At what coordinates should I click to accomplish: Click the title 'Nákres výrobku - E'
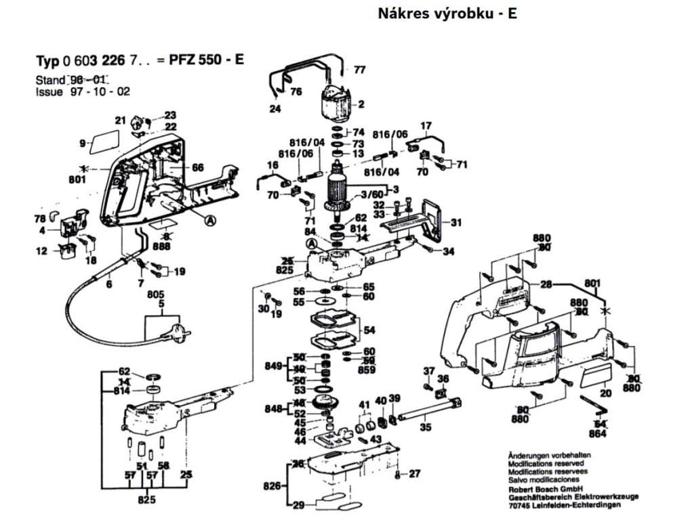coord(447,13)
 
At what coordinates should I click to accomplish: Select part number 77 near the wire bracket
coord(359,69)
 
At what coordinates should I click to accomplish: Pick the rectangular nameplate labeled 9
coord(104,143)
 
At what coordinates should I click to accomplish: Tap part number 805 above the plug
coord(157,295)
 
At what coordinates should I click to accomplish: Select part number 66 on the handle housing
coord(198,167)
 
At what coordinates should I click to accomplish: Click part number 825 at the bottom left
coord(146,500)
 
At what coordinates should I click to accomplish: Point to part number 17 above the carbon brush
coord(426,125)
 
